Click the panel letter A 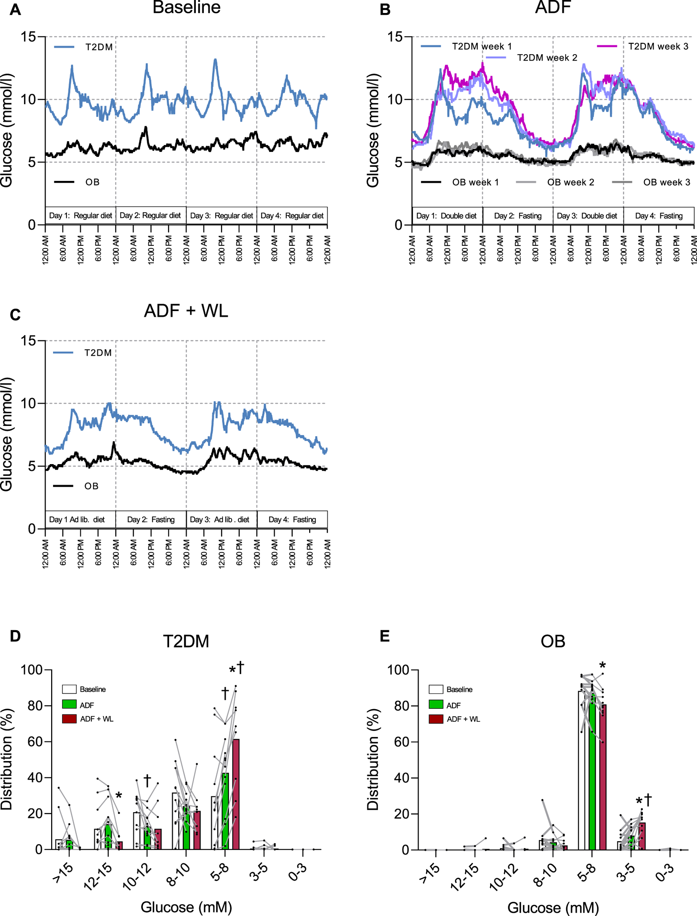[15, 9]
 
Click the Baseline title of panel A [186, 7]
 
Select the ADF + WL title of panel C [186, 311]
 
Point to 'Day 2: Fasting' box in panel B [517, 216]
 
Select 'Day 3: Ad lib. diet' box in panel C [219, 520]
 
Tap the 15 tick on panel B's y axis [395, 37]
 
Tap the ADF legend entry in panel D [87, 705]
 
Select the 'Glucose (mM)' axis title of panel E [553, 907]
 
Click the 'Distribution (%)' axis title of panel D [7, 759]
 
